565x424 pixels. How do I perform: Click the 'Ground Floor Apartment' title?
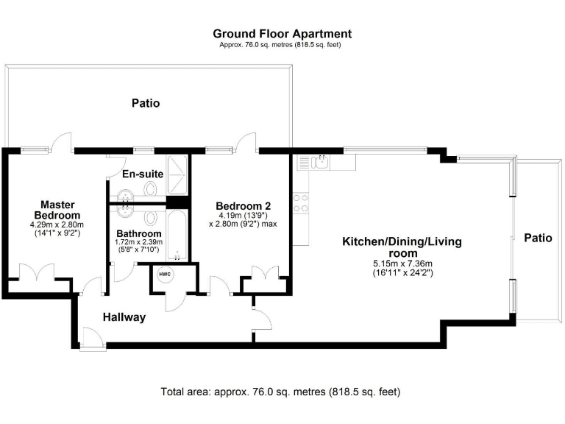[x=282, y=34]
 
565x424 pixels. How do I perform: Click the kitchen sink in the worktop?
[x=317, y=163]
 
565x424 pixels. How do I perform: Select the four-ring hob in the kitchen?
[x=300, y=202]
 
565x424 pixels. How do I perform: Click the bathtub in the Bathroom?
[x=177, y=234]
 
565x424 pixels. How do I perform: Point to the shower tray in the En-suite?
[x=177, y=174]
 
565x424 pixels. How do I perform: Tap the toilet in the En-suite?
[x=152, y=189]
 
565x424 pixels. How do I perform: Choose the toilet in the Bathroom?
[x=152, y=218]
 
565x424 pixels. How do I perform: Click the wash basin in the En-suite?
[x=126, y=194]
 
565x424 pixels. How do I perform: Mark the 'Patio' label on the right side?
[x=537, y=238]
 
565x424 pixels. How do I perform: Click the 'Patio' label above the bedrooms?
[x=145, y=103]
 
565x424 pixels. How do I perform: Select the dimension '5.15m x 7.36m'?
[x=402, y=263]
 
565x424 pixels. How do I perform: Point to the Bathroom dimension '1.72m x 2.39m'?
[x=140, y=242]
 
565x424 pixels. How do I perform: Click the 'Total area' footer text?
[x=280, y=392]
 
